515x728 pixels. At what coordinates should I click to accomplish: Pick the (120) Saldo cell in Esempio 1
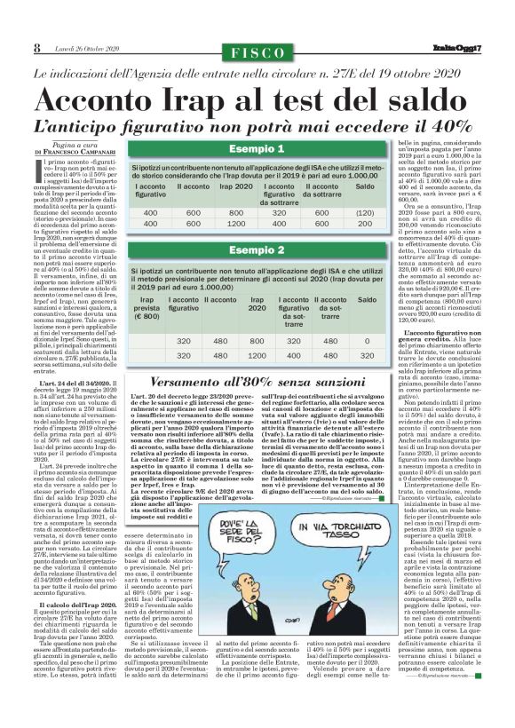coord(365,214)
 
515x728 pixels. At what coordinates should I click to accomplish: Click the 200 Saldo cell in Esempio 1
coord(365,225)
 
